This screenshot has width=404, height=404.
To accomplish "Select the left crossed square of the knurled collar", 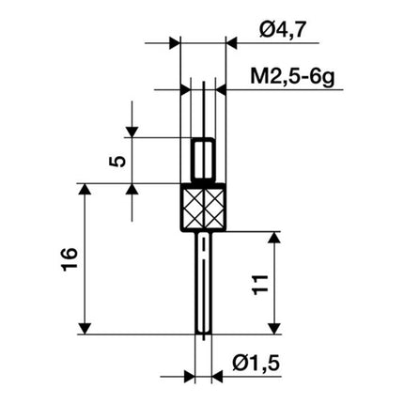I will coord(193,209).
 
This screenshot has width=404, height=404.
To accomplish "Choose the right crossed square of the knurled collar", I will coord(215,209).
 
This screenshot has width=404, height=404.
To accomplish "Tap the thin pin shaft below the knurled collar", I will coord(204,282).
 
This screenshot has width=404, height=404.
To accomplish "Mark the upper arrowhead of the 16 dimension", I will coord(86,192).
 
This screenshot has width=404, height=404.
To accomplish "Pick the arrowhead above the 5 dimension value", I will coord(133,131).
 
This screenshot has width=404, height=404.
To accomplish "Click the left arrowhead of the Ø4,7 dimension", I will coord(173,43).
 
